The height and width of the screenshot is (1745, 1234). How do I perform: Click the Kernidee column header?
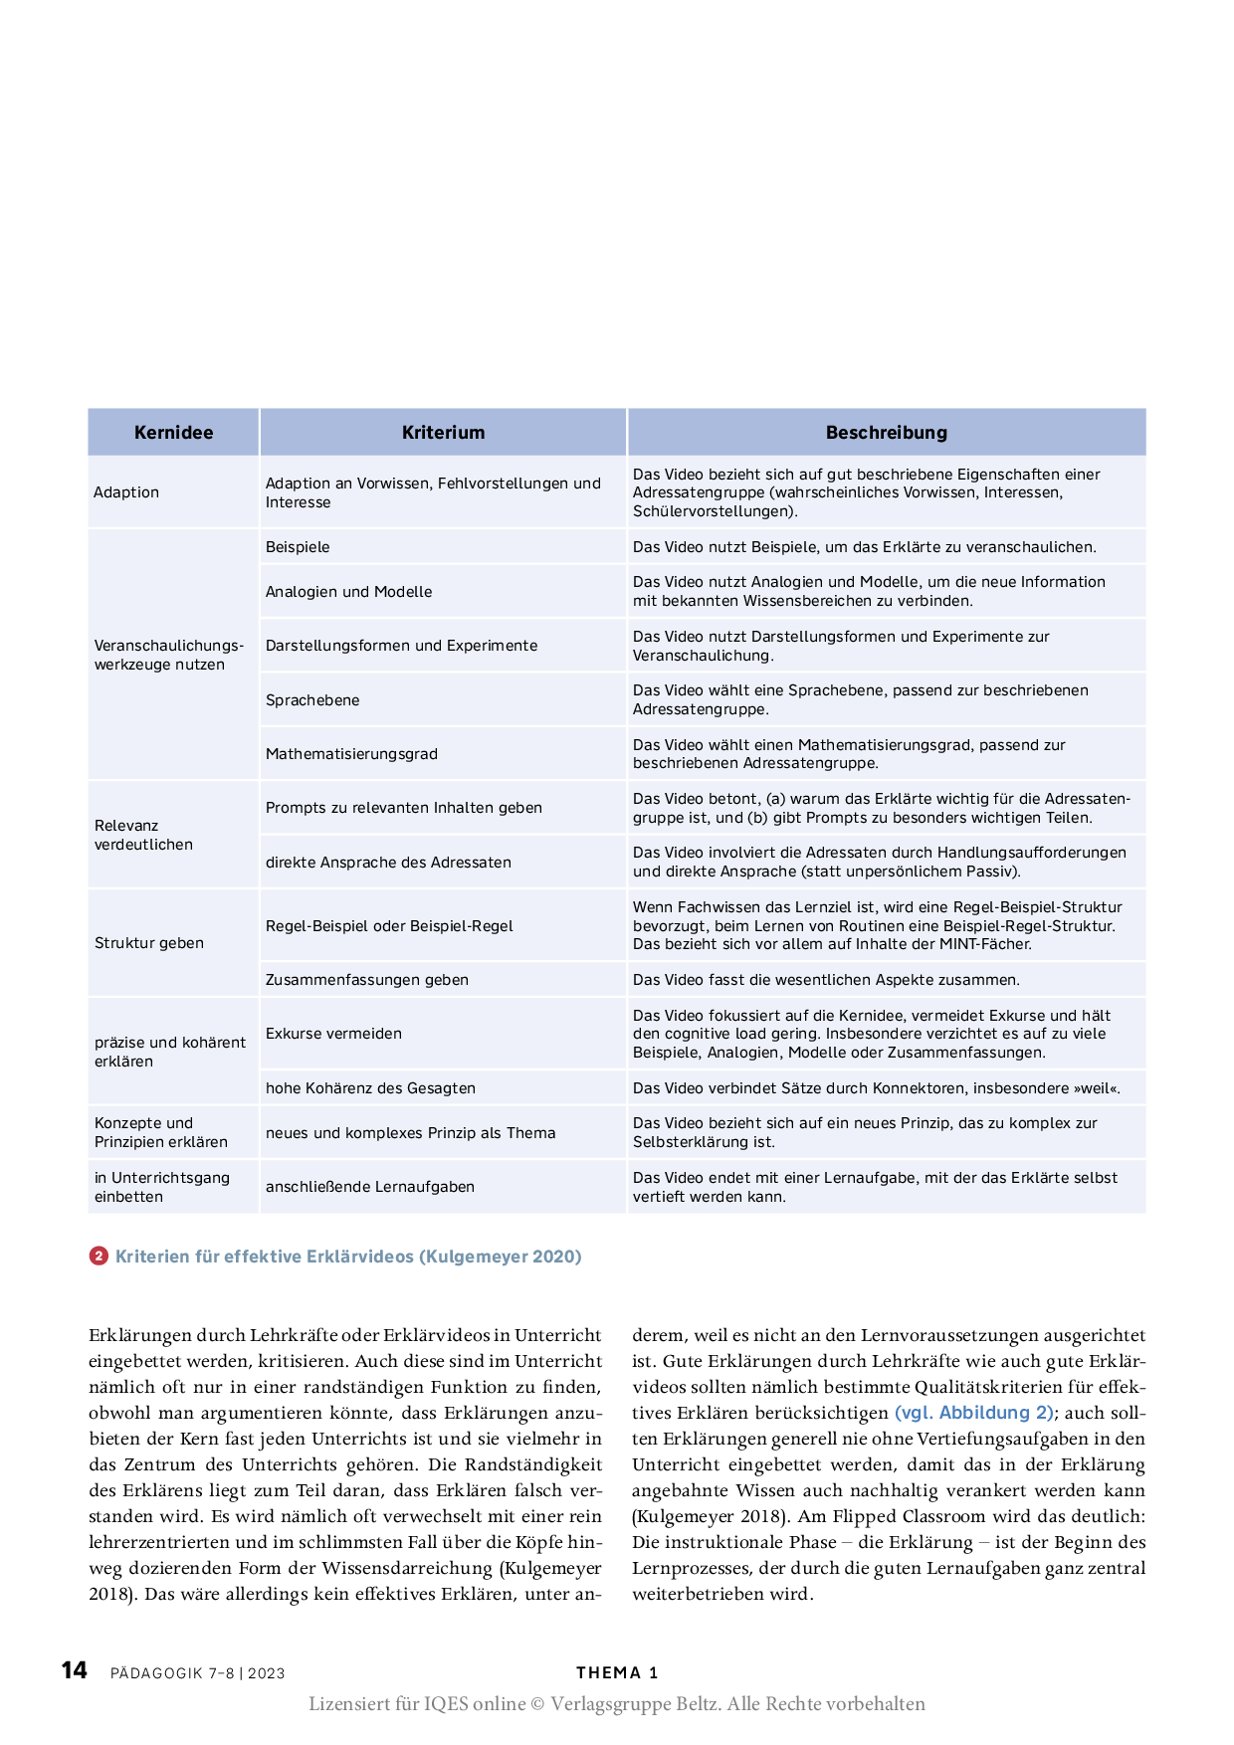click(x=173, y=433)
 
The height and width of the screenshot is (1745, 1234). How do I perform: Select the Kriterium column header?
click(x=443, y=433)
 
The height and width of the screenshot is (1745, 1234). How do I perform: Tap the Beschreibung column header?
click(x=886, y=433)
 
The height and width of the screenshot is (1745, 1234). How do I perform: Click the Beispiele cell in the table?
click(x=298, y=547)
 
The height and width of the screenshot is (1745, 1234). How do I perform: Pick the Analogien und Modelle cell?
click(x=348, y=592)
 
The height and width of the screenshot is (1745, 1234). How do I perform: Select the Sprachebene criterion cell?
click(x=312, y=700)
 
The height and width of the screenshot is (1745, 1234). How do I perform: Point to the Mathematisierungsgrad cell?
click(x=351, y=754)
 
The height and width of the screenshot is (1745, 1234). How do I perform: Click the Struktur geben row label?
click(x=149, y=943)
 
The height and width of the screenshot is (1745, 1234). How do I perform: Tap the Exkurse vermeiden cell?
click(x=333, y=1034)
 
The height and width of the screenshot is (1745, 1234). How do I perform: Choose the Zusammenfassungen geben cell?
click(x=366, y=980)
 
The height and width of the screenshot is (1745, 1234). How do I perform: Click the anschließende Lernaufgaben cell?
click(x=369, y=1187)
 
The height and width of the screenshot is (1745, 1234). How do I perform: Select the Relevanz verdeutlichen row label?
click(x=143, y=835)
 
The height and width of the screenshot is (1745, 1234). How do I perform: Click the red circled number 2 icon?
click(x=99, y=1257)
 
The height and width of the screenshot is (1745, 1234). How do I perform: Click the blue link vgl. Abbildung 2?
click(x=973, y=1413)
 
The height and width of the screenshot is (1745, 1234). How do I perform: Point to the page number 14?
click(x=75, y=1670)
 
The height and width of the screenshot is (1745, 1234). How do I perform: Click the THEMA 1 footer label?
click(x=617, y=1673)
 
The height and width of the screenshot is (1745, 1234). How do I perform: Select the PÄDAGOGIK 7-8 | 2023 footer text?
click(x=197, y=1673)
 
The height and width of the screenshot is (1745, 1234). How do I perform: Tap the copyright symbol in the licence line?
click(x=537, y=1704)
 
